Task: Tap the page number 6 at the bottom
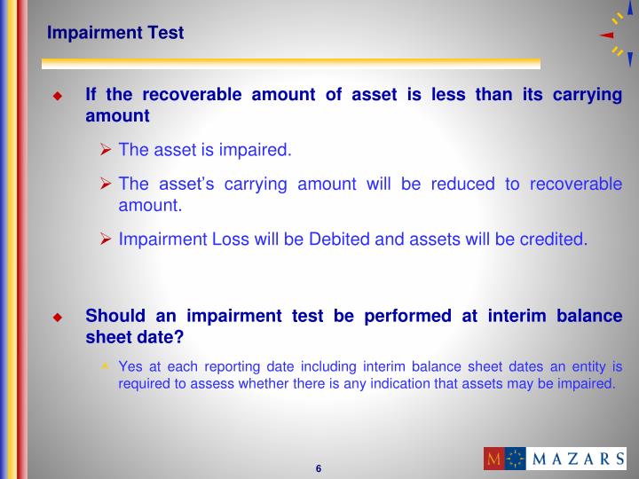coord(318,468)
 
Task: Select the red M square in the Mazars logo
coord(494,459)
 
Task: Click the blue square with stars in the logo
coord(516,459)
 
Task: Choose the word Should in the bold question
coord(112,317)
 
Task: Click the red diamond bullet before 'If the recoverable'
coord(58,96)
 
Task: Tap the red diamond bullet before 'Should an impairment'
coord(58,318)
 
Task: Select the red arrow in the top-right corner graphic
coord(607,35)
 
